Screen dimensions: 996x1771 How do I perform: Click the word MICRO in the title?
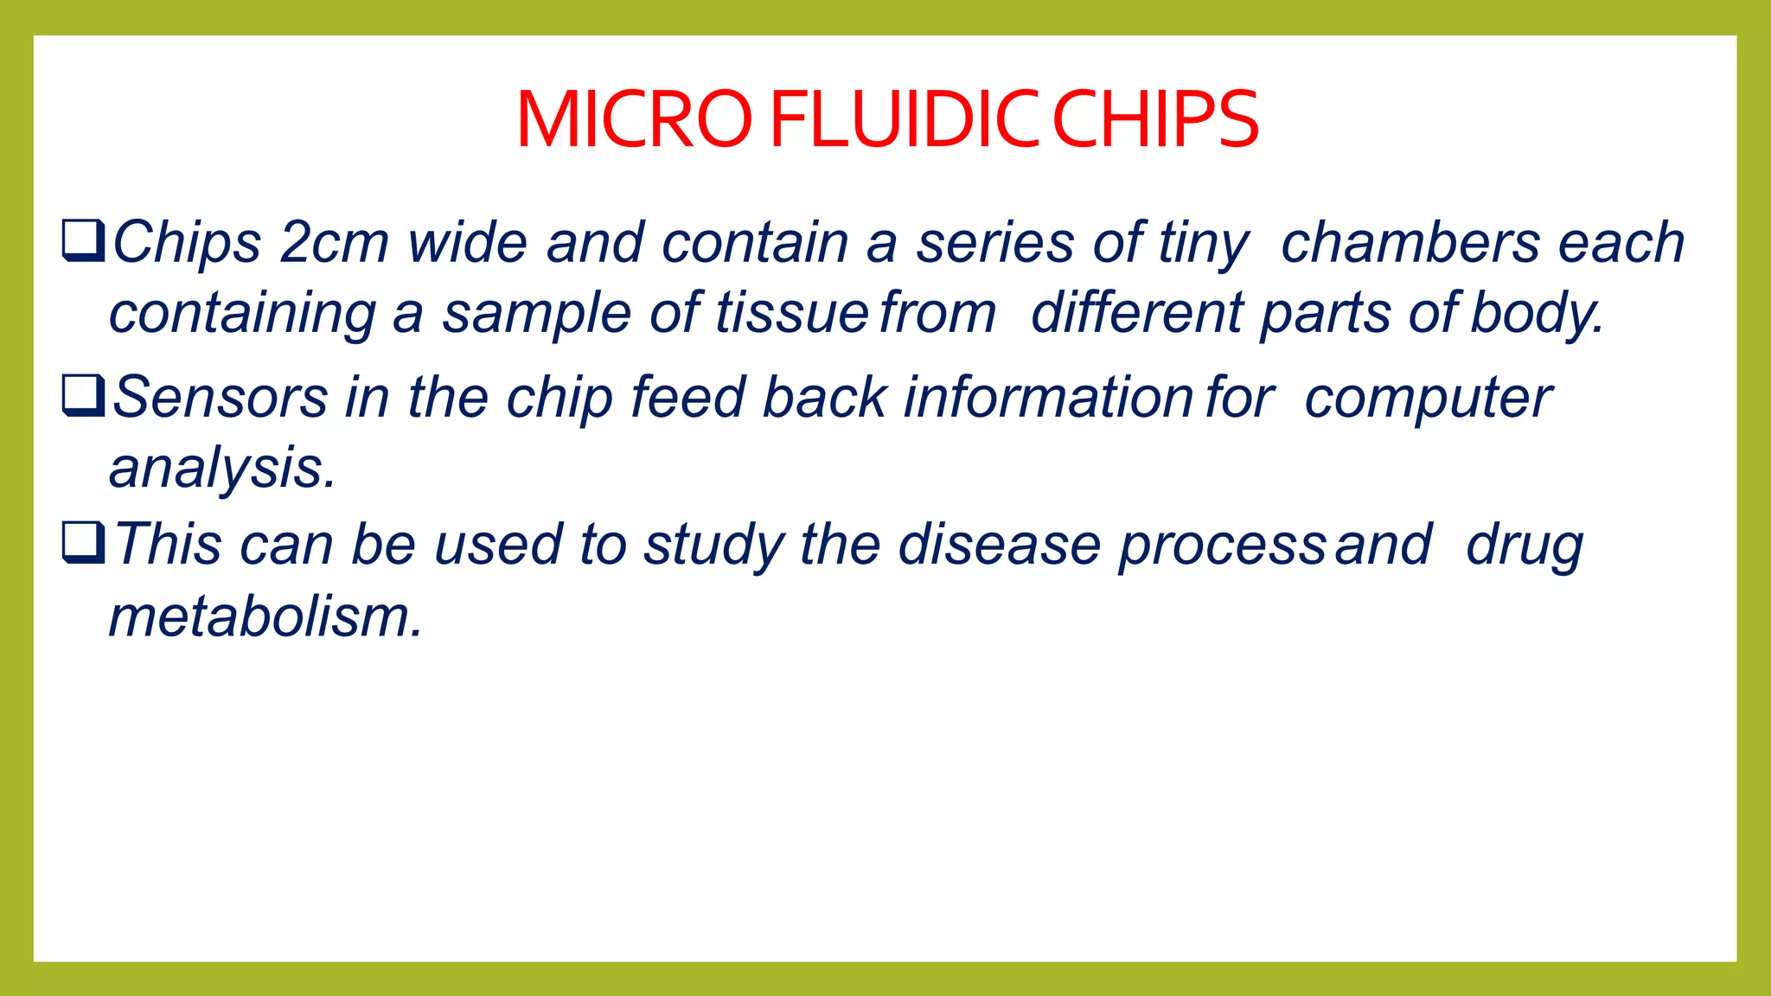(634, 120)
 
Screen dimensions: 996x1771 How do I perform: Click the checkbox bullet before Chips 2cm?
(83, 241)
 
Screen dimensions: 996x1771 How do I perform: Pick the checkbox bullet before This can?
(83, 543)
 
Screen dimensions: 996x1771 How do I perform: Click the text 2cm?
(335, 243)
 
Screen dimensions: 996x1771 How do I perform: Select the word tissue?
(791, 313)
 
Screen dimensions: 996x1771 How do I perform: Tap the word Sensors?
(221, 398)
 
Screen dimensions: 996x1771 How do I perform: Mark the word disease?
(999, 546)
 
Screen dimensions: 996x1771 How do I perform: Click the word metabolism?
(265, 617)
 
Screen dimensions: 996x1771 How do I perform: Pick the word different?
(1136, 313)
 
